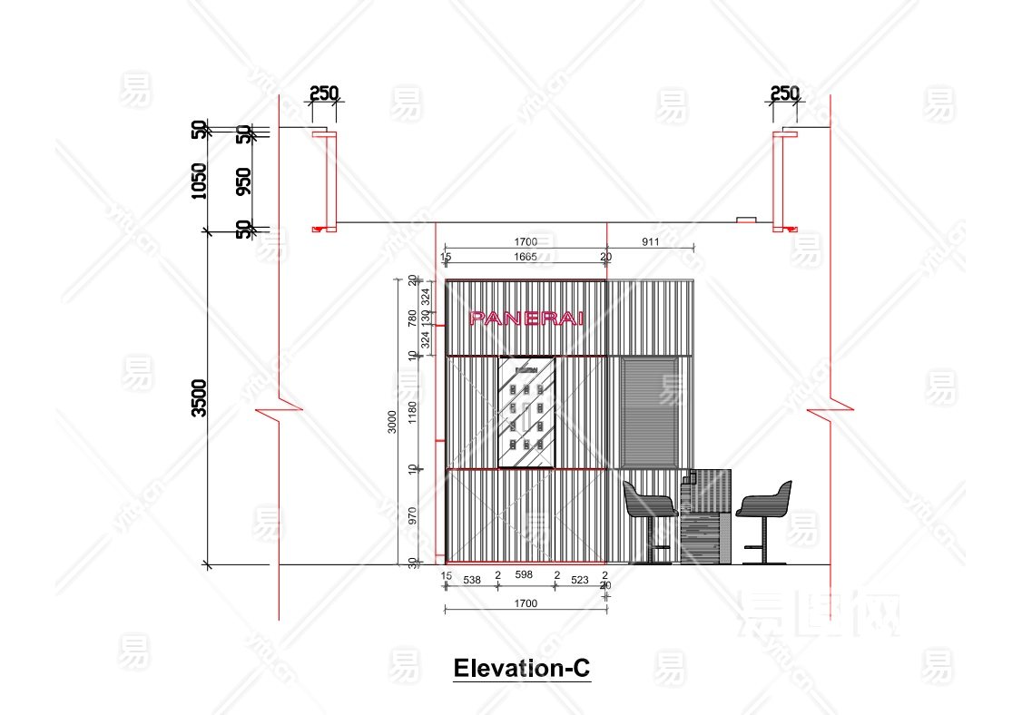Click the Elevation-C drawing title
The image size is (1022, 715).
522,669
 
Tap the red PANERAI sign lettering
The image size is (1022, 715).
526,318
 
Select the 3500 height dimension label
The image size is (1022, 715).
199,397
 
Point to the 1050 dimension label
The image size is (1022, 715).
199,181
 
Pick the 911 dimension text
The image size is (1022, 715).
650,242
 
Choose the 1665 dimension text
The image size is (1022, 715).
526,258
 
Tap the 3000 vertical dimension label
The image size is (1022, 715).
392,422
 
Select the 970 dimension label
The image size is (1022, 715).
412,516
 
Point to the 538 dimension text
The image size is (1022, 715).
472,577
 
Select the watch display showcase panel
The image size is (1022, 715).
526,413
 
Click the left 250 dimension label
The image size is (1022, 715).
323,93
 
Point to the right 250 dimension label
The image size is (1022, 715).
784,93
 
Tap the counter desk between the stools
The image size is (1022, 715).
706,515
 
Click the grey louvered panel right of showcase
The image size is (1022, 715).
650,410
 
